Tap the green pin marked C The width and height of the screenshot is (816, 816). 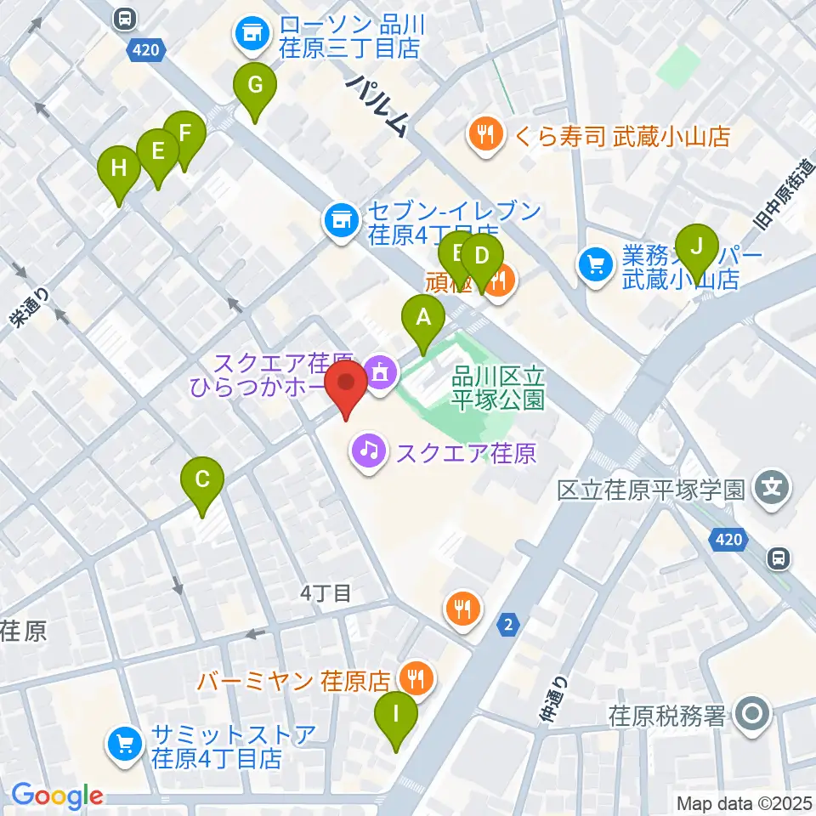(202, 479)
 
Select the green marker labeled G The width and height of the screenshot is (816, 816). (254, 85)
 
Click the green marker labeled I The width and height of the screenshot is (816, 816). (396, 715)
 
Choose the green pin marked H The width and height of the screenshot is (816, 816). (120, 168)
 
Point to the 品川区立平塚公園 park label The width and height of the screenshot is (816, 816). (498, 387)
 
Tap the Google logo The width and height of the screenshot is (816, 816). (57, 796)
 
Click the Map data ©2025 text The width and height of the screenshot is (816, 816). (743, 802)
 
